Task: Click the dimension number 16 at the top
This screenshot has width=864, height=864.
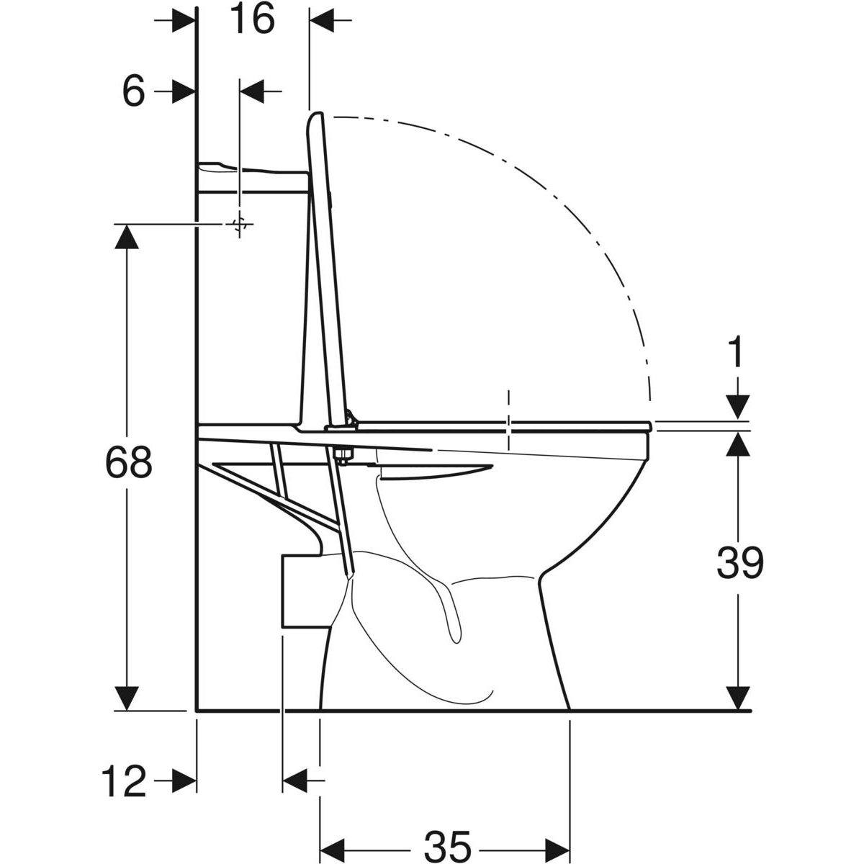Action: [x=253, y=19]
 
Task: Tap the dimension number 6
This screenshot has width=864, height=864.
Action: [x=134, y=91]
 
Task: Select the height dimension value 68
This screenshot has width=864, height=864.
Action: [x=129, y=462]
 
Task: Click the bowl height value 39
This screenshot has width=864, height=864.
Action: [x=740, y=563]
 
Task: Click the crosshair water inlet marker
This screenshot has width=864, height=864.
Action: [x=240, y=223]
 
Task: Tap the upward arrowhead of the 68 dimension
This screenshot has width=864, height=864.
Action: [x=127, y=236]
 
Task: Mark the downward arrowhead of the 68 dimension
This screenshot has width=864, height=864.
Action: [x=127, y=698]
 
